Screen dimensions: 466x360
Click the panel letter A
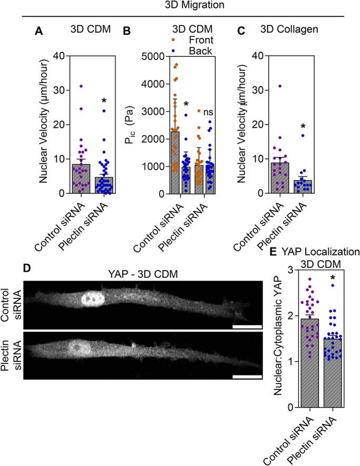pos(38,31)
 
